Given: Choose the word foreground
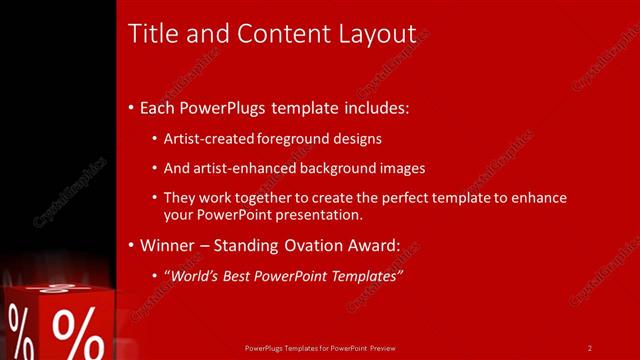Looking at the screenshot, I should (x=289, y=140).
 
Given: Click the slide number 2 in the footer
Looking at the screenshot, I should (x=590, y=348).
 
